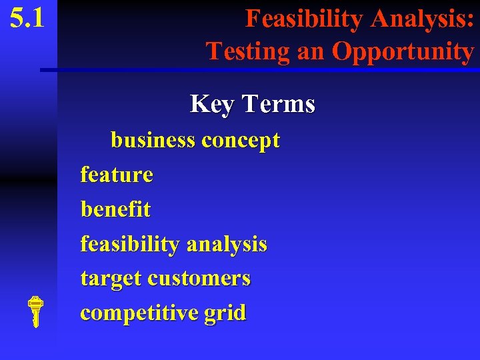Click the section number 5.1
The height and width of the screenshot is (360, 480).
tap(27, 18)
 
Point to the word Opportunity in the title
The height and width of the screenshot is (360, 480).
tap(403, 51)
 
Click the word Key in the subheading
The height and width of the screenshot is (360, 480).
tap(213, 104)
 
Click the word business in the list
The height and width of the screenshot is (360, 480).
tap(153, 141)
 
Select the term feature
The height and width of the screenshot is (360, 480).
tap(117, 175)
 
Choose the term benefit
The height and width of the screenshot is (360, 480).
tap(115, 209)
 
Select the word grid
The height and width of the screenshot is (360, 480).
tap(225, 313)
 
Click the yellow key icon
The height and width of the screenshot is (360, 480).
tap(36, 311)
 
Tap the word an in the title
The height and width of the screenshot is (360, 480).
tap(311, 51)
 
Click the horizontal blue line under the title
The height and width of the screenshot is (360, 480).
tap(260, 69)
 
